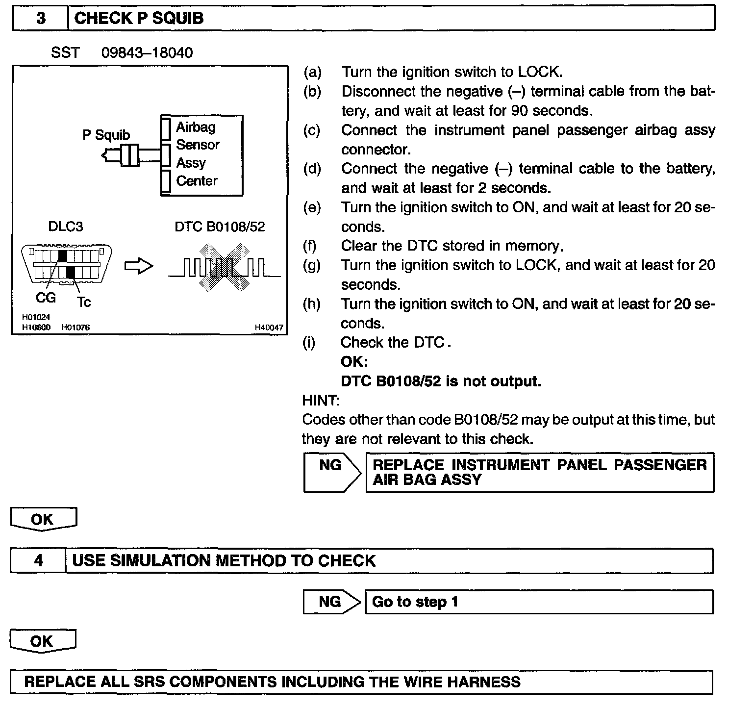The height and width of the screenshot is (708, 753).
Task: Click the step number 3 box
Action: [40, 19]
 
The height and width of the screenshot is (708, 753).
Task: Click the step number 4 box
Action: [38, 560]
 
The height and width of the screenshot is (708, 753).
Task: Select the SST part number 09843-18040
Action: [147, 52]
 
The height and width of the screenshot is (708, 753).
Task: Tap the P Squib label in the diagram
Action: [106, 135]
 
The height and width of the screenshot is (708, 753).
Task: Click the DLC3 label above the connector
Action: [65, 227]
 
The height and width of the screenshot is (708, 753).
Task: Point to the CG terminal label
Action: [46, 298]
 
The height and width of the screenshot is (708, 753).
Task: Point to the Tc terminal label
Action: [84, 302]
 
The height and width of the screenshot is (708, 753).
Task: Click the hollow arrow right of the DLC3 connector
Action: [139, 266]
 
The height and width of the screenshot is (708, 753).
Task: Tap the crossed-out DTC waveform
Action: [224, 268]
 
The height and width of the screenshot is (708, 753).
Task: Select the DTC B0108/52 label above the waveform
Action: [220, 227]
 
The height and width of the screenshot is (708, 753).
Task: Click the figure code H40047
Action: [269, 328]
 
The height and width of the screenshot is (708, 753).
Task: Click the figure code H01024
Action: [36, 317]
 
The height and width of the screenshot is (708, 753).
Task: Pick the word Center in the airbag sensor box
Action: [197, 181]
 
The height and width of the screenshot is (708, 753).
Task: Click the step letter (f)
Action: [310, 246]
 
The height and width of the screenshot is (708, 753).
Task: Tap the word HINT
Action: [320, 401]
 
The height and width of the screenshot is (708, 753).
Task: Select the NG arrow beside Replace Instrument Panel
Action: [331, 472]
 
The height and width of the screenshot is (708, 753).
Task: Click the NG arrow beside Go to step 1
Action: [330, 602]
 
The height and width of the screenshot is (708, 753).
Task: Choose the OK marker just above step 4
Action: [43, 520]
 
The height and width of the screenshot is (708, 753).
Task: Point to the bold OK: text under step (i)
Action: [354, 362]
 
